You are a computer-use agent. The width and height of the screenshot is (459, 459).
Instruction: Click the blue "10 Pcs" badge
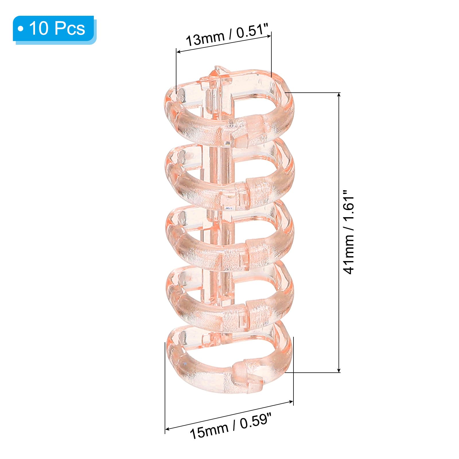(55, 30)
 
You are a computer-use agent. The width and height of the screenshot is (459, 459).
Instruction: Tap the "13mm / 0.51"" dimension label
(227, 35)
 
